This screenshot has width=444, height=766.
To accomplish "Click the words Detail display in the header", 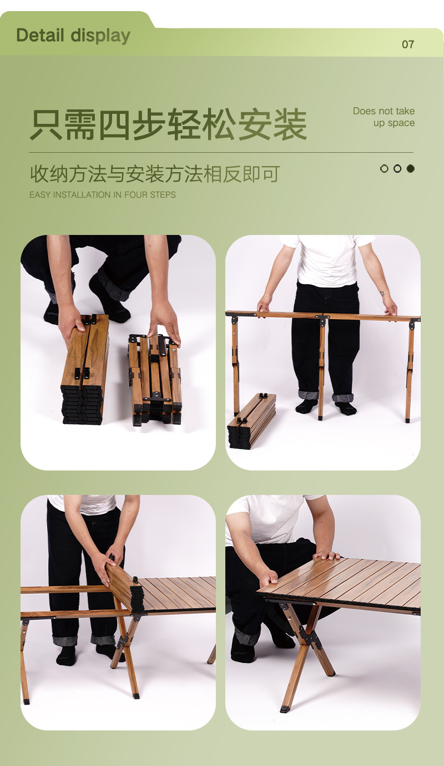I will pos(73,36).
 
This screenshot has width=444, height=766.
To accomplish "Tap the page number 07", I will pos(408,44).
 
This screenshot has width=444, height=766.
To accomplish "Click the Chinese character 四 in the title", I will pos(116,124).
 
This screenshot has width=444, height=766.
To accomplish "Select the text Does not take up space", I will pos(384,117).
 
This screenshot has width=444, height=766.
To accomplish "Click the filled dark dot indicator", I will pos(411,168).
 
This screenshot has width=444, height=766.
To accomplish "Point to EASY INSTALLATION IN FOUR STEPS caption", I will pos(103,195).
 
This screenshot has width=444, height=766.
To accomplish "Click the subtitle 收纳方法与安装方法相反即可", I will pos(154,174).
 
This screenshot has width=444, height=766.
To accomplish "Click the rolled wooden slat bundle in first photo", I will pos(85,369).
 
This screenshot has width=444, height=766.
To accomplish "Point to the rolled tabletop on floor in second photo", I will pos(251,420).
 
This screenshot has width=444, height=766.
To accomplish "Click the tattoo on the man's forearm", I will pos(382,293).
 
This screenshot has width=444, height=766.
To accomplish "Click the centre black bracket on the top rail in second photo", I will pos(322,320).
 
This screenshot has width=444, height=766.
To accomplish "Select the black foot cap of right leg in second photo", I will pos(408,420).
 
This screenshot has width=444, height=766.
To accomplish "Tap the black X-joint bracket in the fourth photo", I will pos(311,638).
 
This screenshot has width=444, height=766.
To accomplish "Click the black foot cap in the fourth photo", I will pos(285,709).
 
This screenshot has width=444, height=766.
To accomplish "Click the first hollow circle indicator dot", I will pos(384,168).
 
